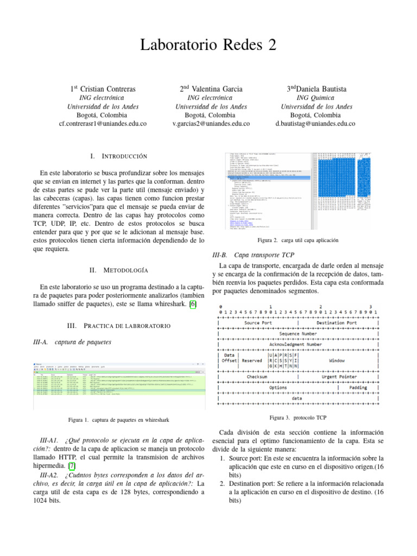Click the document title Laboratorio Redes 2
click(208, 46)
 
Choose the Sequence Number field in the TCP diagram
click(297, 333)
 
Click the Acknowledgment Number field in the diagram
click(297, 344)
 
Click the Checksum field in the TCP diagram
click(256, 376)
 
